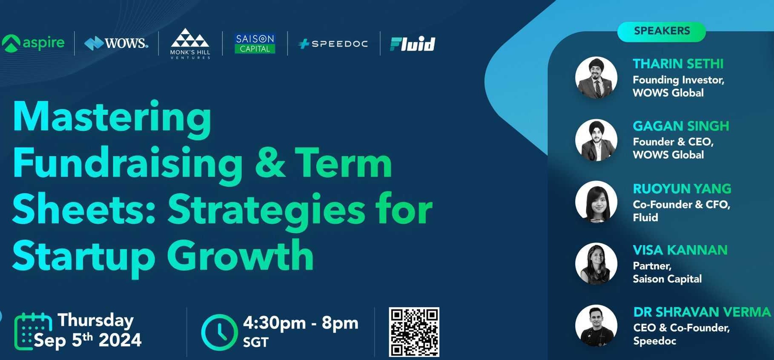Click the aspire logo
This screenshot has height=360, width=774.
click(33, 43)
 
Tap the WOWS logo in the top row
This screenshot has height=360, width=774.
click(116, 43)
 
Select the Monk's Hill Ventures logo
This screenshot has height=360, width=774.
click(190, 43)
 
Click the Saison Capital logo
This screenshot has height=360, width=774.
click(255, 43)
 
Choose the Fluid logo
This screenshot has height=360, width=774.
click(413, 44)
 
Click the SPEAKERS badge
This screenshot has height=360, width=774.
click(662, 31)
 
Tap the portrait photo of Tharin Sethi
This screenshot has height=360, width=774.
click(596, 77)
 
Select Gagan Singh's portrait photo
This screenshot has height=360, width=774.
click(596, 140)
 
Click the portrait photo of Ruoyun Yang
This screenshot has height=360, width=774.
click(596, 202)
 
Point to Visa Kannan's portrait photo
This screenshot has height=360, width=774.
click(596, 264)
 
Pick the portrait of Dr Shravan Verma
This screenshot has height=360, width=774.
click(596, 326)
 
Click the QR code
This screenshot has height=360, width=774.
click(414, 332)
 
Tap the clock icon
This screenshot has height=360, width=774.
click(219, 332)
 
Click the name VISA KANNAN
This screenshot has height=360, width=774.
click(680, 250)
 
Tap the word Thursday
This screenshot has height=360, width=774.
click(96, 320)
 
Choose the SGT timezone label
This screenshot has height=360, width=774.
click(255, 342)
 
